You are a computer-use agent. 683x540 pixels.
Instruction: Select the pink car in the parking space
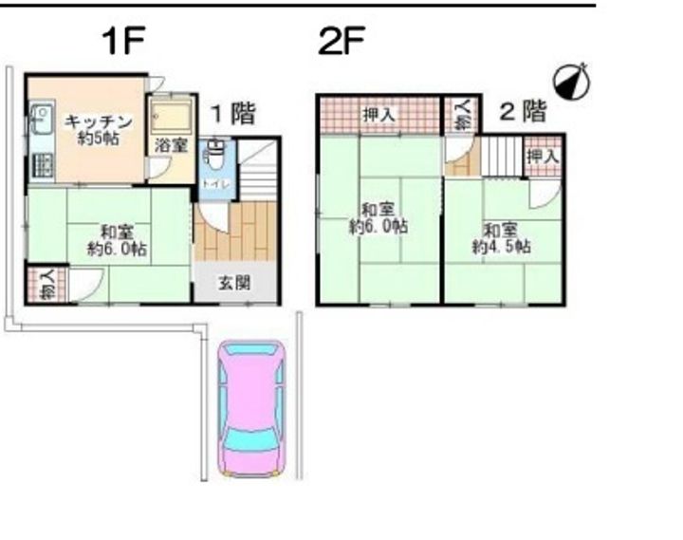tap(250, 408)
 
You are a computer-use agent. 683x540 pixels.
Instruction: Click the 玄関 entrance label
tap(236, 282)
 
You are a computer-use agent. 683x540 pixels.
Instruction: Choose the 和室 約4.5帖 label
tap(502, 238)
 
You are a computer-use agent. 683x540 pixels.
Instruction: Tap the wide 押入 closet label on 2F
tap(378, 116)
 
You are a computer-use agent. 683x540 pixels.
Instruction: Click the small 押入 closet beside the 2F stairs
tap(543, 156)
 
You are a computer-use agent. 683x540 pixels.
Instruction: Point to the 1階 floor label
tap(232, 114)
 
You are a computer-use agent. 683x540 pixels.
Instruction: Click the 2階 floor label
tap(523, 112)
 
